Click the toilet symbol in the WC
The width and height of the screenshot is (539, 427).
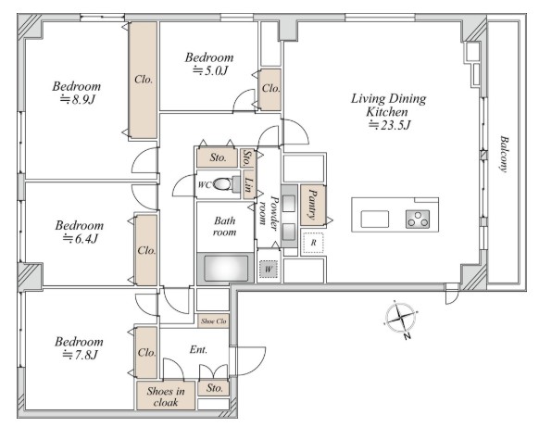[x=226, y=184]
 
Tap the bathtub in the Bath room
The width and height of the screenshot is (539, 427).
[x=226, y=268]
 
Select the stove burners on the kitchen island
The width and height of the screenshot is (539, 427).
[x=418, y=219]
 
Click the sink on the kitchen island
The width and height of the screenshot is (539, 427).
[x=375, y=219]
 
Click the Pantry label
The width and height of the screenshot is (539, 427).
[x=312, y=204]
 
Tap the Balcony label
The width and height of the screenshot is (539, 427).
[x=505, y=154]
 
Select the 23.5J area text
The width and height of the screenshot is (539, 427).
[x=390, y=125]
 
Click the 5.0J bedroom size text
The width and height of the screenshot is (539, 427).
[x=210, y=70]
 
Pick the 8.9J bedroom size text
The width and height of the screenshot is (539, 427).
[x=78, y=99]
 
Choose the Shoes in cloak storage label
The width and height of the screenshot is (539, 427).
[x=166, y=396]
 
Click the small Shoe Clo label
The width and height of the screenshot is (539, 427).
[x=213, y=321]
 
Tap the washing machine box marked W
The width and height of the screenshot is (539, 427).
[x=269, y=270]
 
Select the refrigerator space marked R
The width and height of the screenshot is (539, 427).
[x=313, y=243]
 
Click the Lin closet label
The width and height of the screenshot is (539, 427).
[x=249, y=185]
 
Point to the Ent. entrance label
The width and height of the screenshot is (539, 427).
[x=198, y=349]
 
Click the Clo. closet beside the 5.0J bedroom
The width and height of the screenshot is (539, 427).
[x=270, y=89]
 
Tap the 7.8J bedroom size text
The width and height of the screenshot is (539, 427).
[x=80, y=355]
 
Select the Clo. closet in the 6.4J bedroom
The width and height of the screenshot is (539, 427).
[x=146, y=250]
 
